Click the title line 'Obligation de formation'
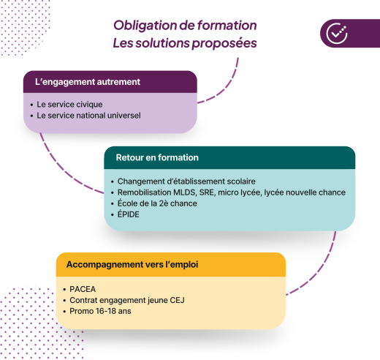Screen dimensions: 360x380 pos(185,25)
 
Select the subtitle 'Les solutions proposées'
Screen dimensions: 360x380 pos(185,43)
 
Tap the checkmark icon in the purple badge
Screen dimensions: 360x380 pos(337,33)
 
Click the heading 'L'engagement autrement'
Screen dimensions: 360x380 pos(88,81)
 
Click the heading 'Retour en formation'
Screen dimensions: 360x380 pos(157,157)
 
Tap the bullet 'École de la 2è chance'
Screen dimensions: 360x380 pos(157,203)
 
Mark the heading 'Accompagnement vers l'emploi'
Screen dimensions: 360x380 pos(133,263)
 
